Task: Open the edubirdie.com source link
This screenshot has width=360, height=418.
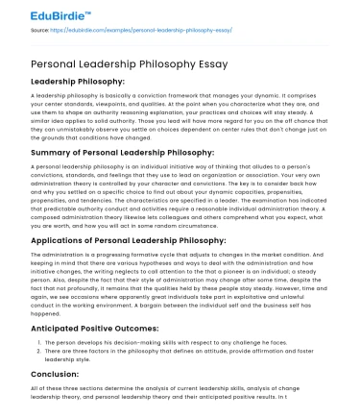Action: tap(145, 30)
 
